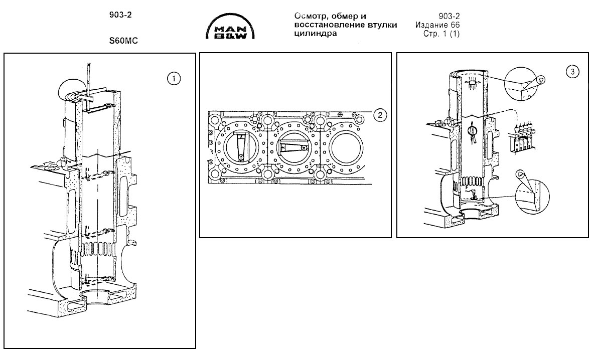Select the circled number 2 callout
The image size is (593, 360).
point(380,115)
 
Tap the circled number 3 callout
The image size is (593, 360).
point(574,72)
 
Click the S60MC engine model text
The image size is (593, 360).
point(124,42)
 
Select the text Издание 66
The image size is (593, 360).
point(438,25)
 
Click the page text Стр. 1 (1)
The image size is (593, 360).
point(442,34)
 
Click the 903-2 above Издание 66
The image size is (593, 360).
point(450,16)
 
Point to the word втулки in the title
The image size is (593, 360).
point(380,25)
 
